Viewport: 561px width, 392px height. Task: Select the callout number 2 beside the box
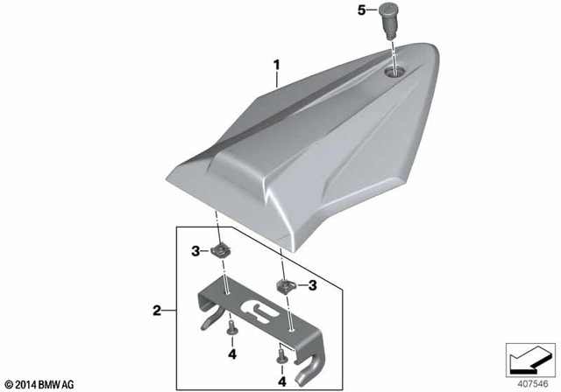(x=157, y=310)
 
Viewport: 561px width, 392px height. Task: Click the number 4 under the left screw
(x=232, y=354)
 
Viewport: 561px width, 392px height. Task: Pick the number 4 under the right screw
(x=282, y=381)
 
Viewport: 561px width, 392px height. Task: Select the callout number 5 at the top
(x=361, y=12)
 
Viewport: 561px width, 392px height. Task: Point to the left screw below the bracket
(x=231, y=329)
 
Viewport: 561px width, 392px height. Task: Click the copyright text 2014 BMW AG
(x=42, y=383)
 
